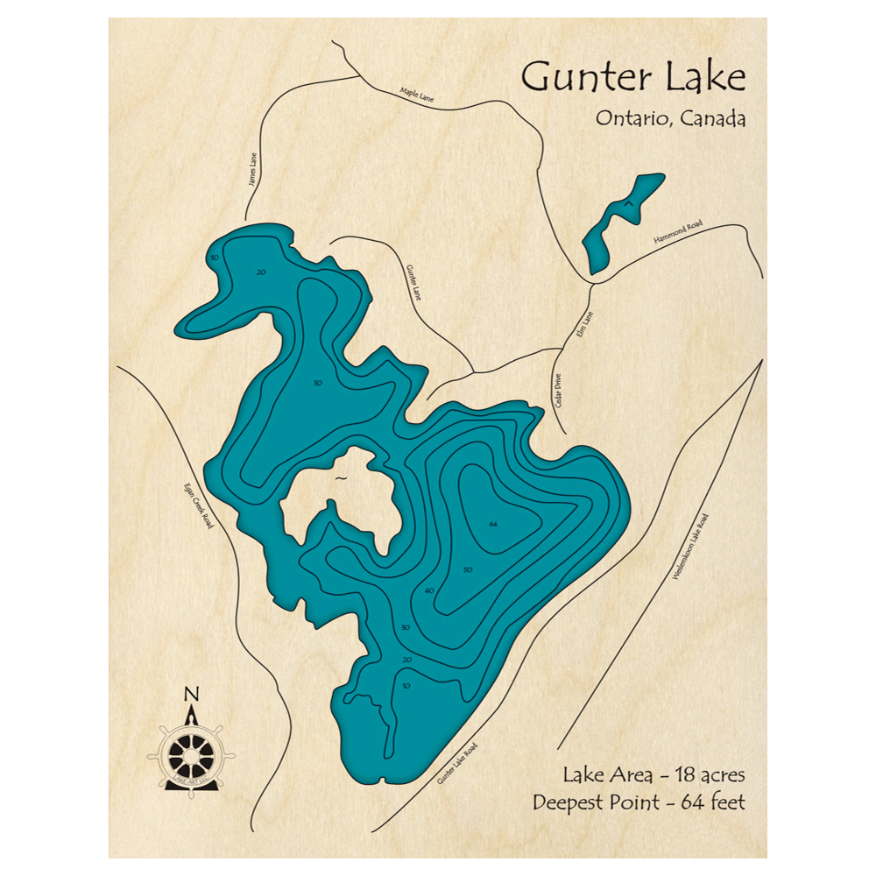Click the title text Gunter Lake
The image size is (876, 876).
tap(632, 79)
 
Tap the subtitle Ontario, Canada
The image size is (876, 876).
tap(670, 118)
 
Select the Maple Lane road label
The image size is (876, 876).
tap(416, 94)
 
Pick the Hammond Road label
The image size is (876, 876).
tap(677, 237)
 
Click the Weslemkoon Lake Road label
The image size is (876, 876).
tap(689, 548)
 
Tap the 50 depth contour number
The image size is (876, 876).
tap(468, 570)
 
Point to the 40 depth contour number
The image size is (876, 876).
tap(428, 591)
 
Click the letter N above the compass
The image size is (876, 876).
tap(191, 696)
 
